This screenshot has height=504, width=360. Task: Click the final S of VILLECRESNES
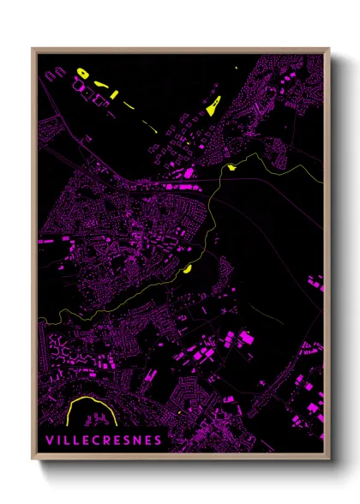click(x=160, y=440)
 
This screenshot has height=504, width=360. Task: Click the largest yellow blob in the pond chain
click(x=85, y=73)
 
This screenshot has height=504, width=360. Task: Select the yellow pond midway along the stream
click(x=186, y=268)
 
